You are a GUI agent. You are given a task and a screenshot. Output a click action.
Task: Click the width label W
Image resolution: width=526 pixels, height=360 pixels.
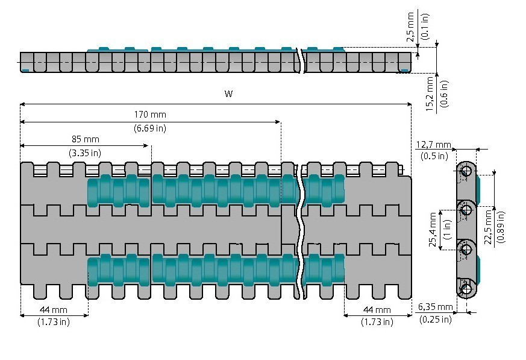click(x=228, y=94)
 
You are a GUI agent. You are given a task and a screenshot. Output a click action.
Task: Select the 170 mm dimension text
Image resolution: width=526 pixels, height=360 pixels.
click(x=150, y=115)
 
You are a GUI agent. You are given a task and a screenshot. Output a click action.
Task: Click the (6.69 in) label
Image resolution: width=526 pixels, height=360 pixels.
click(x=150, y=128)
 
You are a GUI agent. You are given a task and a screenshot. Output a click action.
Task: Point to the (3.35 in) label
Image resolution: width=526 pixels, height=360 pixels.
click(x=84, y=153)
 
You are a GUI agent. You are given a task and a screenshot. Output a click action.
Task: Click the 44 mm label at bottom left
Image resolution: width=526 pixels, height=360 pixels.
click(x=54, y=309)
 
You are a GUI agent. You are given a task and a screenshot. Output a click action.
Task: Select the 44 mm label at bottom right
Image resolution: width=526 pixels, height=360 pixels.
click(x=377, y=309)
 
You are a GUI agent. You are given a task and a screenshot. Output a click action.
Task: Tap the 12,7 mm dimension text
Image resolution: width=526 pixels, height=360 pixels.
click(x=433, y=145)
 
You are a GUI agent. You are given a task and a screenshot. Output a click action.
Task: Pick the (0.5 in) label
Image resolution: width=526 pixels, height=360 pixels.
click(x=433, y=156)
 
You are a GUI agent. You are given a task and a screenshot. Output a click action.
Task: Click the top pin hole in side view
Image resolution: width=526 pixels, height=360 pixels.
click(x=465, y=171)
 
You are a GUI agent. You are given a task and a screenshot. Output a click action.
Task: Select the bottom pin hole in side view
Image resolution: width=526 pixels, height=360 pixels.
click(x=466, y=289)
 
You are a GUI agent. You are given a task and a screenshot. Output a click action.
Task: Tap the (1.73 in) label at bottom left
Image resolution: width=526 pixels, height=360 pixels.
click(x=54, y=322)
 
